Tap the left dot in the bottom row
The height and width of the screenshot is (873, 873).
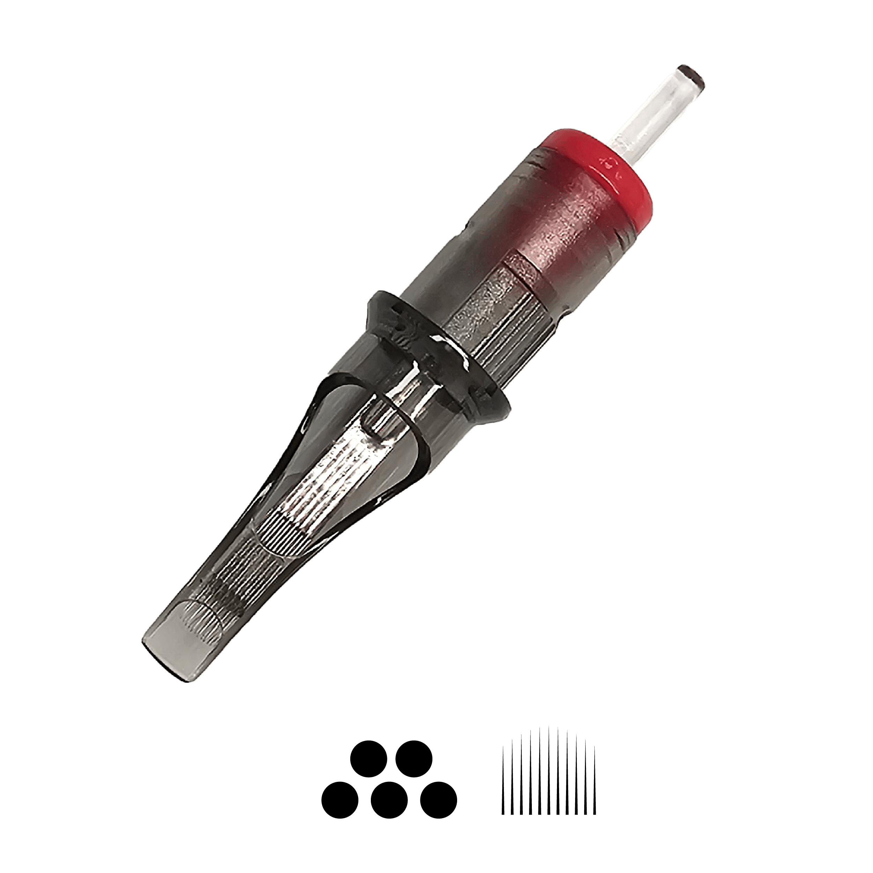point(340,799)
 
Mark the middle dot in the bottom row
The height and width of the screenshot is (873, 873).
point(389,799)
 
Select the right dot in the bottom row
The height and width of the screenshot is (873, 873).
point(438,799)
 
